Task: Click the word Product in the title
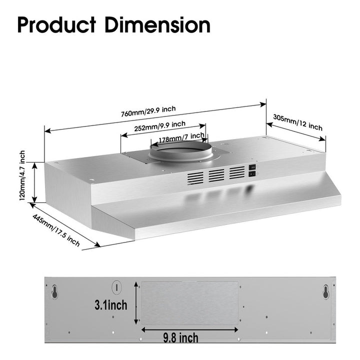[56, 25]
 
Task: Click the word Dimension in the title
[157, 25]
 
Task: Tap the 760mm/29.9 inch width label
[148, 111]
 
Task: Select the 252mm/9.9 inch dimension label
[160, 126]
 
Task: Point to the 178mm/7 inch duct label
[181, 137]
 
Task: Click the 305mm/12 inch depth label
[298, 122]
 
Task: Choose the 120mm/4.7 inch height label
[22, 175]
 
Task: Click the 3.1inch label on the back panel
[111, 305]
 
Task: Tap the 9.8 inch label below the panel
[180, 338]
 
